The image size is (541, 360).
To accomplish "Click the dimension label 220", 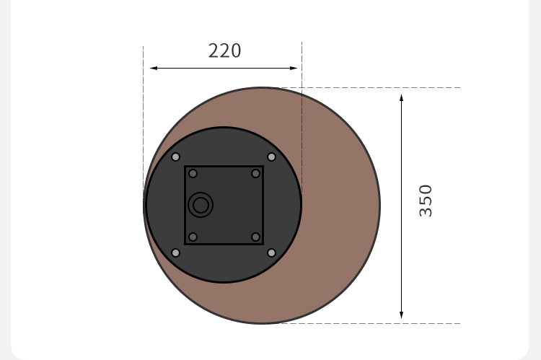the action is click(224, 51).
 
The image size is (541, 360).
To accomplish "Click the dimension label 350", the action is click(426, 201).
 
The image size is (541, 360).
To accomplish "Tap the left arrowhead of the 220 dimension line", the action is click(154, 69).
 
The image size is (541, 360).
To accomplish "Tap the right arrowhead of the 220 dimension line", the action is click(294, 69).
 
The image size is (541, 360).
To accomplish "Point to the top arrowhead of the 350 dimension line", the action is click(401, 97).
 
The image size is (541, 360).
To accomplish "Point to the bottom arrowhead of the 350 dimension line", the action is click(401, 315).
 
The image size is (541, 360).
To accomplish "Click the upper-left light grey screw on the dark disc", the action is click(175, 157).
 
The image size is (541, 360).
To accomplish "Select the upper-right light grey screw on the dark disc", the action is click(271, 157).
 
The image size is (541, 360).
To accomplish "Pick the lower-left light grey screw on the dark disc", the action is click(175, 253).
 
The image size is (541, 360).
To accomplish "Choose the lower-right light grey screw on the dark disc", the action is click(271, 253).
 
